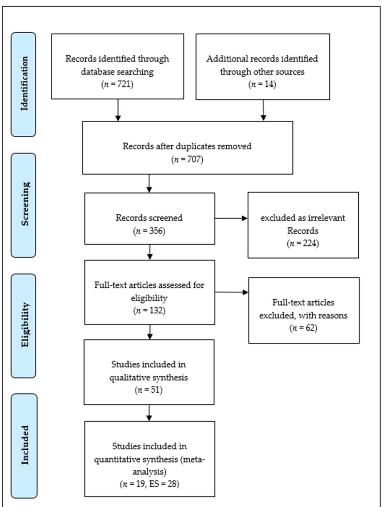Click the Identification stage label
(24, 84)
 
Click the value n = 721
(118, 84)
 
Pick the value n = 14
(262, 84)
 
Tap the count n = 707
(187, 159)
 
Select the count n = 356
(149, 231)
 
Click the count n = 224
(303, 243)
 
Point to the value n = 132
(149, 311)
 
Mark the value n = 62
(303, 328)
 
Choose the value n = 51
(149, 390)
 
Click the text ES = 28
(163, 484)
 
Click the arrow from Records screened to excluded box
(231, 218)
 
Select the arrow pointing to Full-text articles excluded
(231, 292)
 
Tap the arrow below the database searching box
(118, 110)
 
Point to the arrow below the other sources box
(263, 110)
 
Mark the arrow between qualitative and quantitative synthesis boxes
(149, 413)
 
